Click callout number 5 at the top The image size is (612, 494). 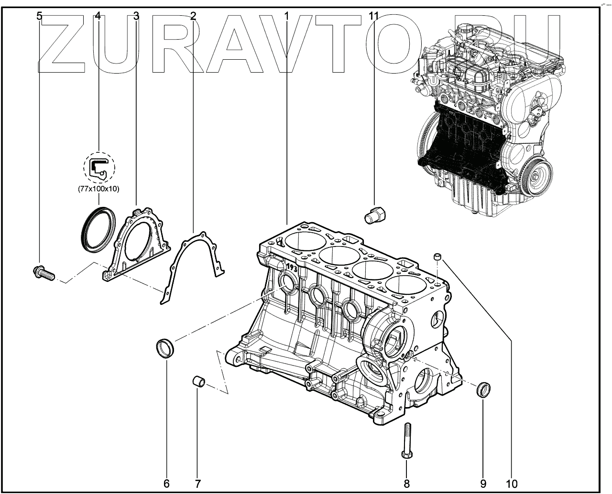40,16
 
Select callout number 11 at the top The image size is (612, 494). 374,16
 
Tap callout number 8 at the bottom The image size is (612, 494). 407,483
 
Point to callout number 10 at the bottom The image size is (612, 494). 511,483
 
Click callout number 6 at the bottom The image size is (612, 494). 166,483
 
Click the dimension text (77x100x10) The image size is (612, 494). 99,189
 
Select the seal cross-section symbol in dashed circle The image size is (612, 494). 99,167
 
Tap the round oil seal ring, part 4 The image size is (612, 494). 98,229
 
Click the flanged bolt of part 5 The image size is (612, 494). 44,273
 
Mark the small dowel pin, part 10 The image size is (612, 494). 437,258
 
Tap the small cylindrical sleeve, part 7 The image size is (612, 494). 199,381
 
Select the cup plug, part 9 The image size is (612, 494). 483,389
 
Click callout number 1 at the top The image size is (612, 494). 286,16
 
